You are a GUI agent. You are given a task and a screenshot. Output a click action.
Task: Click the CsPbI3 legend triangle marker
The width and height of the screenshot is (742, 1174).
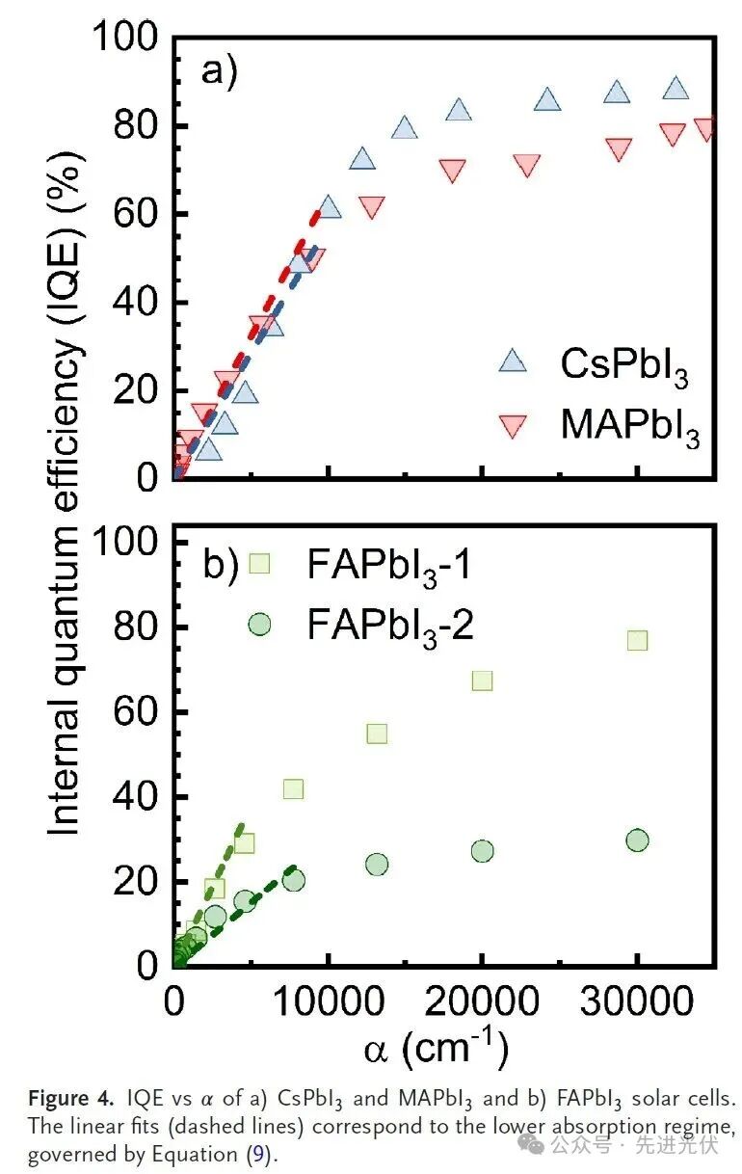(x=513, y=360)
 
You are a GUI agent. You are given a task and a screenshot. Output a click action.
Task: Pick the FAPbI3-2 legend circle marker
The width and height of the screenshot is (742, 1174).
(x=259, y=624)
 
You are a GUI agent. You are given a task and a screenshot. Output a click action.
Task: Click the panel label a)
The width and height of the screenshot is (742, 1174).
(x=219, y=72)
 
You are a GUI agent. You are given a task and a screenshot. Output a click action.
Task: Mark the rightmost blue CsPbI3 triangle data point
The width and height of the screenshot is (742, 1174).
(x=676, y=89)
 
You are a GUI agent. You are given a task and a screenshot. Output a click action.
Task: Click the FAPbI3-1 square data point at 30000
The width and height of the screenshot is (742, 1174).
(x=637, y=640)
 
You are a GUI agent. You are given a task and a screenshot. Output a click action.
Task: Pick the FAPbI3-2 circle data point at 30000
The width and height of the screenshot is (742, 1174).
(x=637, y=840)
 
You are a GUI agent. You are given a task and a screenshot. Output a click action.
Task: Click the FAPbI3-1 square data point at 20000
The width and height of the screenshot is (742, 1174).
(x=482, y=680)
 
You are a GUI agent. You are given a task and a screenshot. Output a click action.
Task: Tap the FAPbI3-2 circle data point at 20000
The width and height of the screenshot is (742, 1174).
(x=482, y=851)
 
